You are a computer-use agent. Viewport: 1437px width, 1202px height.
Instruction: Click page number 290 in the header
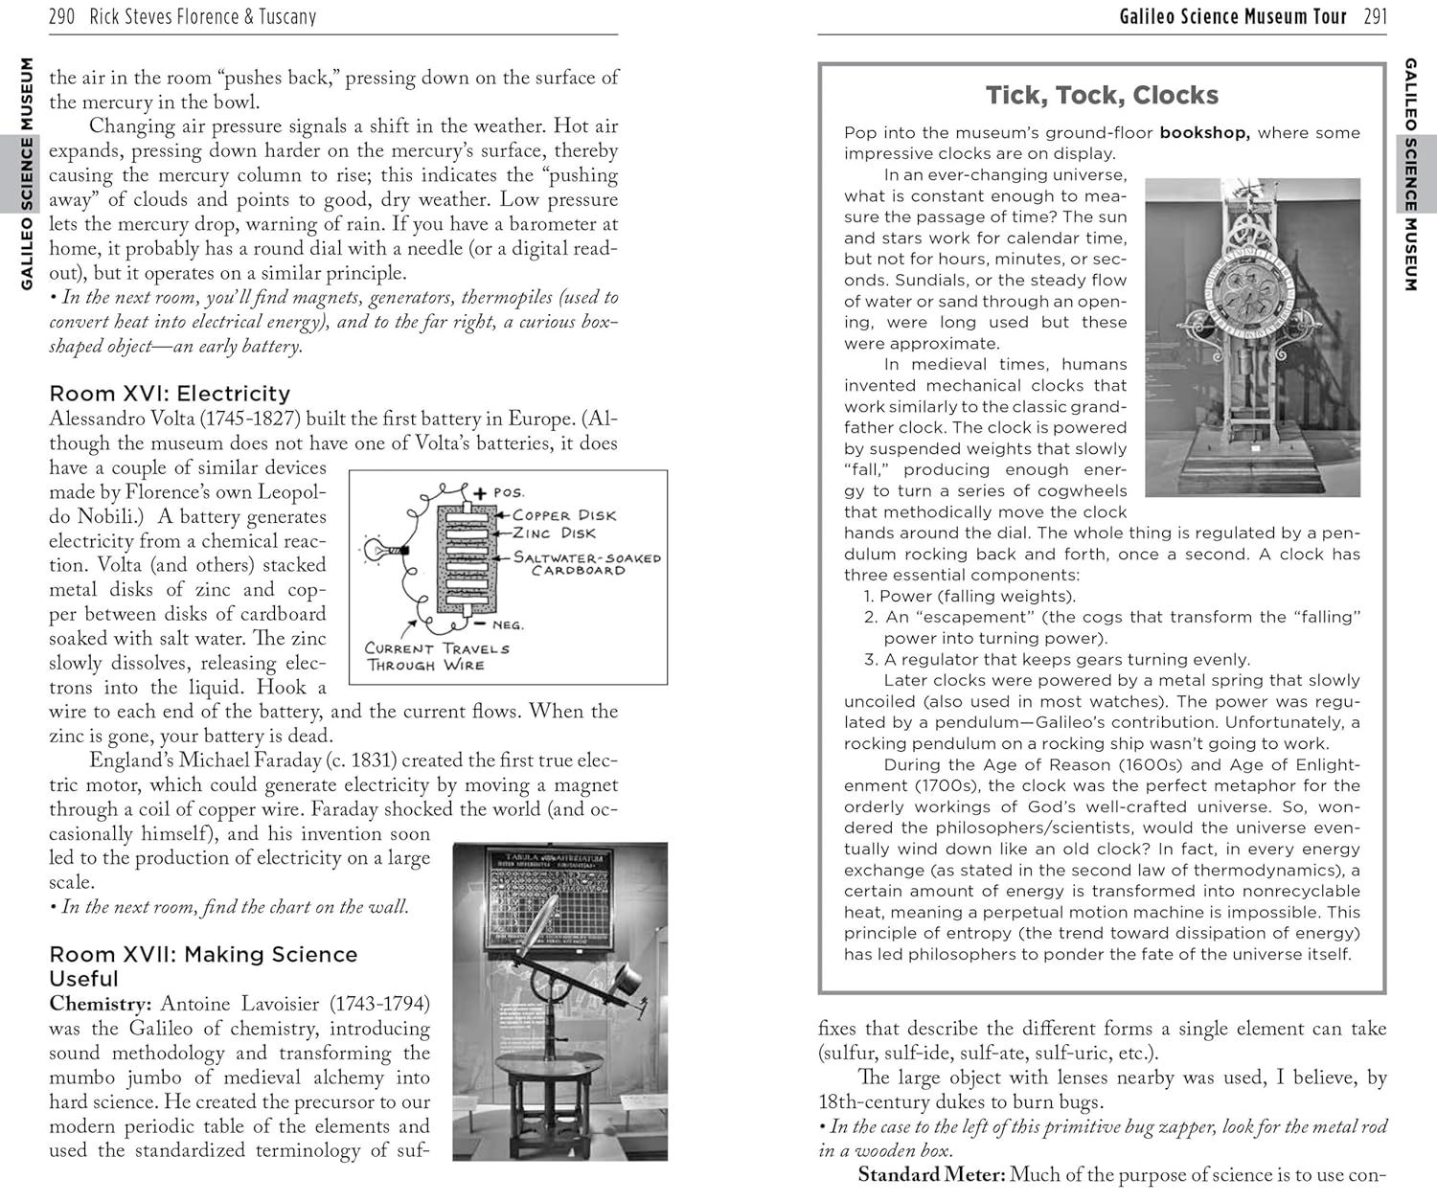[61, 16]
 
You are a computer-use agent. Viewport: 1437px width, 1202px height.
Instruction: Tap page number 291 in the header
[1375, 16]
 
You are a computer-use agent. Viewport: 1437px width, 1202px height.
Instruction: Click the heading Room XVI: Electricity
[170, 393]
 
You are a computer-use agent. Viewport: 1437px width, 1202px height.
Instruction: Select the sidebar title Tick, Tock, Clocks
[1102, 95]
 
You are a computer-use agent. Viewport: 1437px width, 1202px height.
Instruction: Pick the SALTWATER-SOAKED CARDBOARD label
[587, 563]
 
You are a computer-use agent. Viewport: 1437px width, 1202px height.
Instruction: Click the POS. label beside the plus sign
[509, 492]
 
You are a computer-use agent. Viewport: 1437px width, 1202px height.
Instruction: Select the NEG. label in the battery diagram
[508, 624]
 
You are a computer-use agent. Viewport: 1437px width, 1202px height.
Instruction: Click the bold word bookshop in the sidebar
[1204, 132]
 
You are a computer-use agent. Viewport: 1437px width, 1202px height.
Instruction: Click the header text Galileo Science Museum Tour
[1233, 16]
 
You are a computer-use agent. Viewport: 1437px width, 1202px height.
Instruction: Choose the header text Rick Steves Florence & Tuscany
[202, 16]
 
